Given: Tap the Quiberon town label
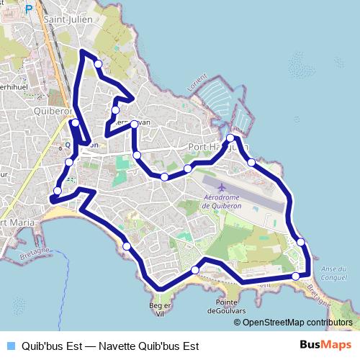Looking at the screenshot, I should (x=51, y=112).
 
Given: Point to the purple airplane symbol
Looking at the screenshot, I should (x=230, y=188).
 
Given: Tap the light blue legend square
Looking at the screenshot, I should (x=10, y=346).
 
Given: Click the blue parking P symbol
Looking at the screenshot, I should (x=29, y=9).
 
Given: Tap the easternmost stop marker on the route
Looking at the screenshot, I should (x=301, y=242).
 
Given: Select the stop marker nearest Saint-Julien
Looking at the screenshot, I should (x=98, y=64).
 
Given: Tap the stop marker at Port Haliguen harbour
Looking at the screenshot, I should (x=230, y=138).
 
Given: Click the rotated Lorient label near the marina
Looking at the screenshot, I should (x=200, y=81).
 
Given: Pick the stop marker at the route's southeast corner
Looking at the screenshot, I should (x=296, y=276).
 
